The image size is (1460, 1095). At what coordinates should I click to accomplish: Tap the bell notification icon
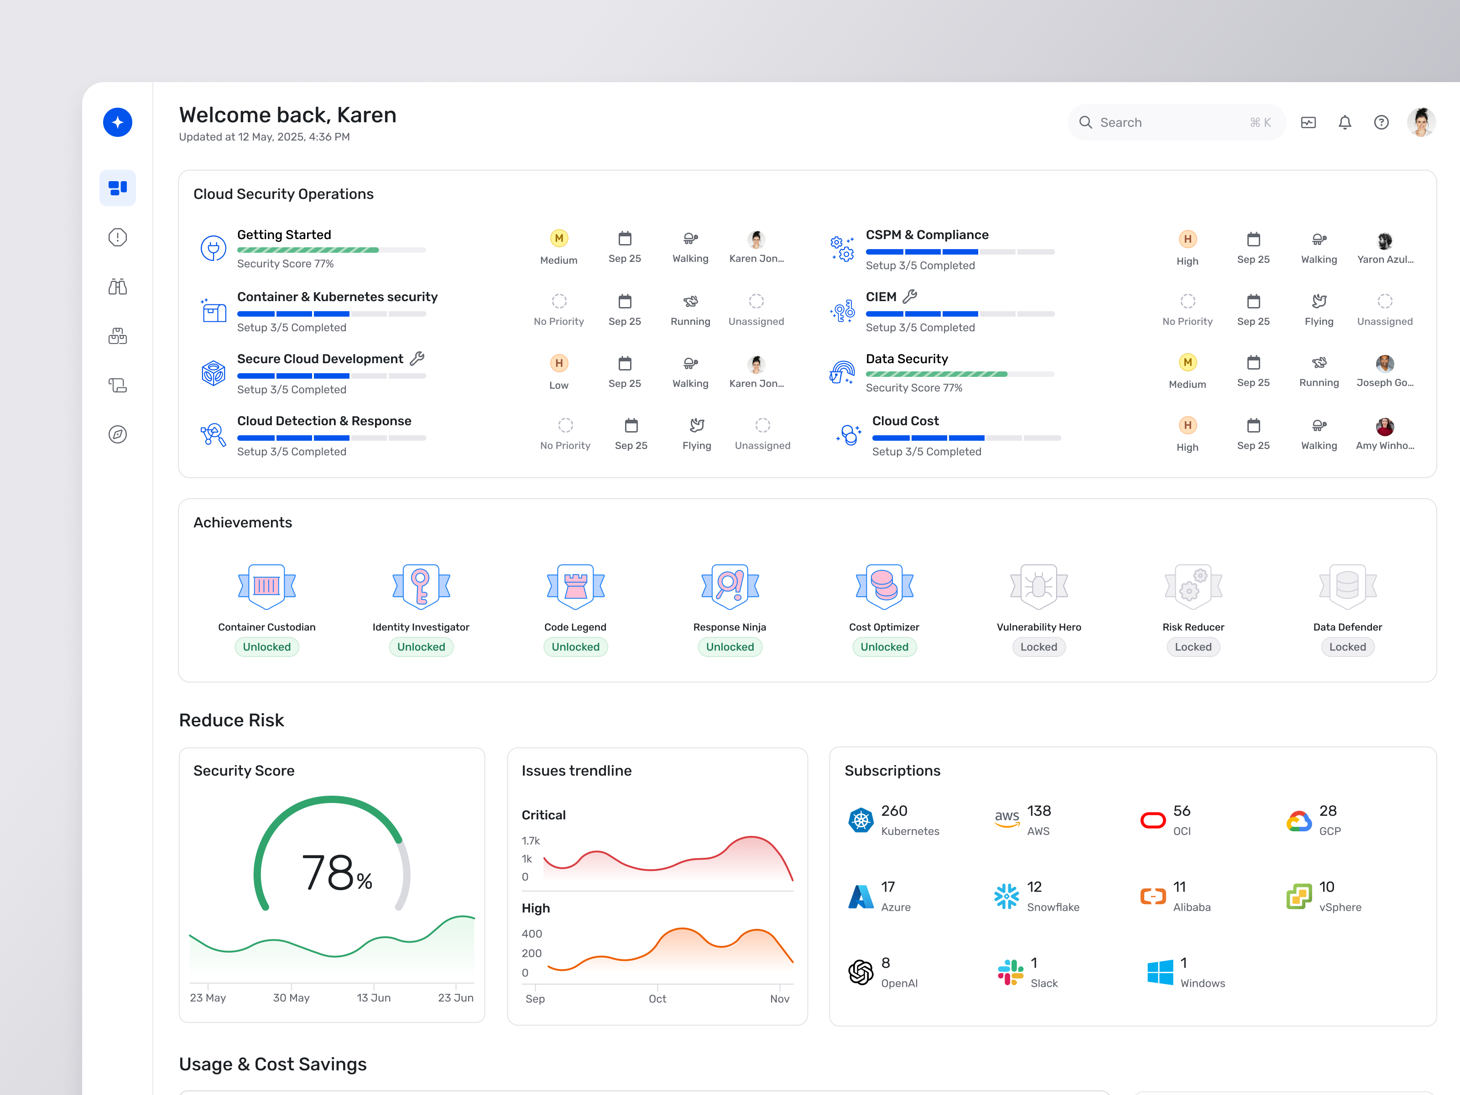coord(1345,122)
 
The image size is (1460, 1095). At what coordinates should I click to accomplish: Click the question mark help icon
coord(1381,122)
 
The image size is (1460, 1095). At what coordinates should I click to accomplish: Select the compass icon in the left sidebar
coord(118,434)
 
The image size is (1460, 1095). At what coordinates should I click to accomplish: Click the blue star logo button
coord(118,122)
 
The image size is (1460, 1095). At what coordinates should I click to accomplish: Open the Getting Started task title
coord(284,235)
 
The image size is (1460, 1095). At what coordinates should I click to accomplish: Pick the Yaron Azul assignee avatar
coord(1385,240)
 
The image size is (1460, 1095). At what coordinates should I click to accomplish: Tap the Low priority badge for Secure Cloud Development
coord(558,364)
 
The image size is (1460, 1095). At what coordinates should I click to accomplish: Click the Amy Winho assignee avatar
coord(1385,427)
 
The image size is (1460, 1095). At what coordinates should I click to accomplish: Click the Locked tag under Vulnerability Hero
coord(1038,647)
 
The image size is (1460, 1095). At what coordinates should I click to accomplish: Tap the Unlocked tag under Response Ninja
coord(730,647)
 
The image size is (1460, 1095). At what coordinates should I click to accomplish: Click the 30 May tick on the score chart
coord(291,997)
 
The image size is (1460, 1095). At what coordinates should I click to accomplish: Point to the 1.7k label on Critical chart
coord(530,841)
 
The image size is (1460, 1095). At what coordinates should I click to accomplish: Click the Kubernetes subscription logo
coord(860,820)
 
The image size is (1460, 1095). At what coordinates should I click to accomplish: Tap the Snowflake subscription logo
coord(1006,897)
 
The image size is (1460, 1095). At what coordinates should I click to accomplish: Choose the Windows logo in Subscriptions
coord(1160,972)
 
